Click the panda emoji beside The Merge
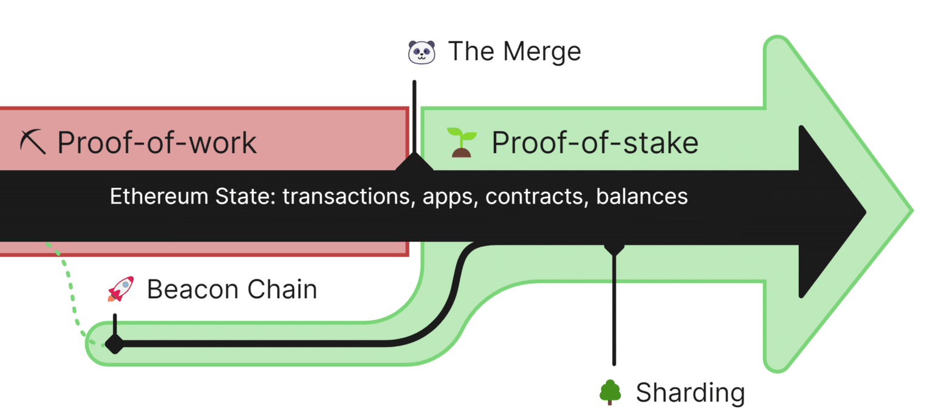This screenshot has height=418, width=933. tap(422, 52)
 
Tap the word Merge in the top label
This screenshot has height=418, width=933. tap(541, 52)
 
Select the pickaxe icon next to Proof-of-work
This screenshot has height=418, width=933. tap(32, 142)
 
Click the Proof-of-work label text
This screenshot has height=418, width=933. tap(157, 142)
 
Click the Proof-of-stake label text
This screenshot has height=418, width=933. tap(595, 142)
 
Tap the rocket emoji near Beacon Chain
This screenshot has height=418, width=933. tap(120, 289)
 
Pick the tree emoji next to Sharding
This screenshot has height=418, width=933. tap(609, 392)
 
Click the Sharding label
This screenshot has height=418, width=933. tap(690, 392)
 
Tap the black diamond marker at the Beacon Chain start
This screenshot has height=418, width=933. tap(114, 344)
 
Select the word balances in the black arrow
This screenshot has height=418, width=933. tap(642, 197)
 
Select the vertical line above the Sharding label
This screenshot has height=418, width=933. tap(614, 310)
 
